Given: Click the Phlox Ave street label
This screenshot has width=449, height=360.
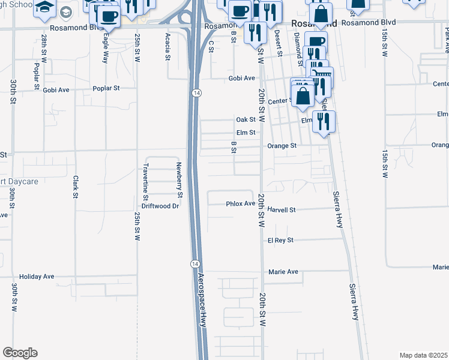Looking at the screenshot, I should point(241,203).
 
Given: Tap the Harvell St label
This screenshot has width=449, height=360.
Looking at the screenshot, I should point(282,210).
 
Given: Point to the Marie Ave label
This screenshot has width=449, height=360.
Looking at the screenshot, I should point(283,272).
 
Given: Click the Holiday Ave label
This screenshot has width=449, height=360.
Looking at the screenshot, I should point(37,277).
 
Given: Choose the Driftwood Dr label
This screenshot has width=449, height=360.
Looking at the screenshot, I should point(161,206).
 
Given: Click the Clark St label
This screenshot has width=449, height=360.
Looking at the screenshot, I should point(76,186).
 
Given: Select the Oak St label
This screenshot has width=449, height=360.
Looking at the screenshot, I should point(246,119).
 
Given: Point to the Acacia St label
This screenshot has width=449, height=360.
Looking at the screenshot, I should point(167,42).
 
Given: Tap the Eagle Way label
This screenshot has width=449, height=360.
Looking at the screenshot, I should point(106,44).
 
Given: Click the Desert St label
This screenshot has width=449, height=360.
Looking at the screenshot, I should point(279,43).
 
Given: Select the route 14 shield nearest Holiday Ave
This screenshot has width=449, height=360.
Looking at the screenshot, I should point(194,264).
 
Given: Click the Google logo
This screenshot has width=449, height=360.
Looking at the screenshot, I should point(20,353).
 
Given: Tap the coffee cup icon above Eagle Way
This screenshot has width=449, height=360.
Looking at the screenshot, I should point(108,16).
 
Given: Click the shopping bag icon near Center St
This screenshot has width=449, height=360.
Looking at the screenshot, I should point(304,96).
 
